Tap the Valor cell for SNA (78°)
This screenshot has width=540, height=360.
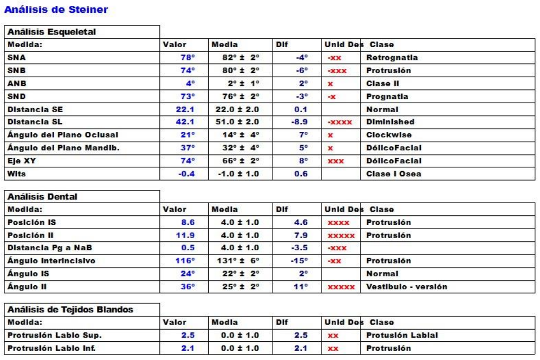[x=187, y=58]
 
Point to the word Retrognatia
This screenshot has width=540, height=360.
[x=392, y=58]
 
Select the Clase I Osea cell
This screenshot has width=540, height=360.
[x=394, y=174]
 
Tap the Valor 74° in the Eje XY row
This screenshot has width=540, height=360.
[x=187, y=161]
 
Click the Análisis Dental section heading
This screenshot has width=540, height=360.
[x=42, y=197]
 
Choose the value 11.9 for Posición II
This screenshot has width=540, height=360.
[x=185, y=235]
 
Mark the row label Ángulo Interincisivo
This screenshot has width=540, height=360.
[x=51, y=261]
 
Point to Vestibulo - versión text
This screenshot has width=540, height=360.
[x=407, y=286]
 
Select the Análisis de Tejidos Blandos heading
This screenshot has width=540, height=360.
[x=70, y=310]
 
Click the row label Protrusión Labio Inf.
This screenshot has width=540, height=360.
[x=51, y=348]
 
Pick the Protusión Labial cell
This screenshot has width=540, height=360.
[x=402, y=335]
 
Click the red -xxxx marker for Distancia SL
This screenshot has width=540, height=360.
[x=340, y=122]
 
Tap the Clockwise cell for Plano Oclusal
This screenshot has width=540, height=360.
[x=389, y=135]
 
